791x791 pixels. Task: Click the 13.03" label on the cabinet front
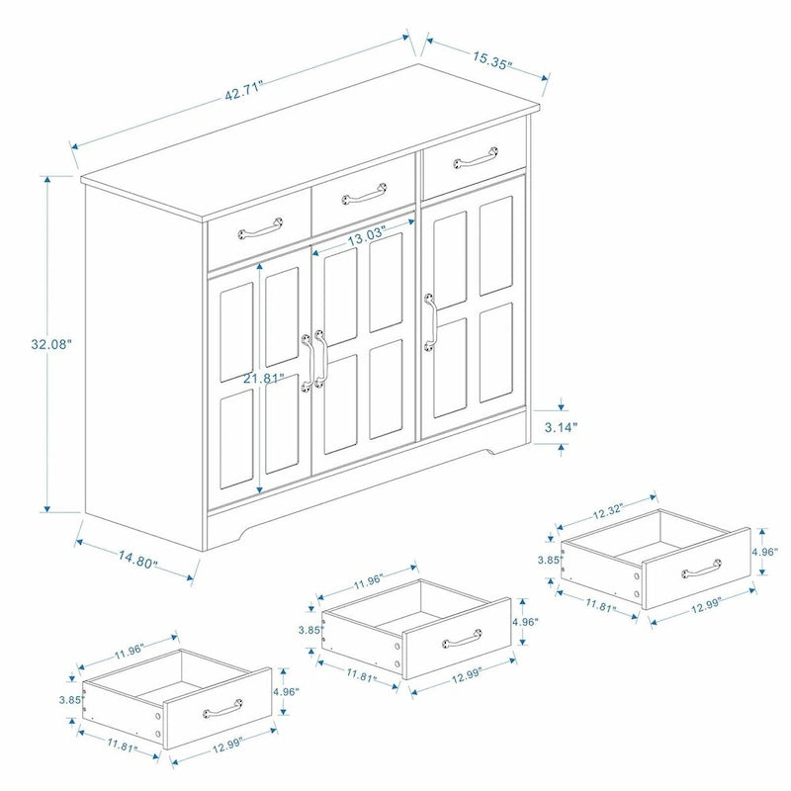point(366,237)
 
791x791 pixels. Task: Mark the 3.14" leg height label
point(562,427)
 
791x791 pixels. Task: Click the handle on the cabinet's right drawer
point(477,156)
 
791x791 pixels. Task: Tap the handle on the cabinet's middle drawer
point(364,190)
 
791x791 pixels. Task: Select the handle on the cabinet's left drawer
point(259,230)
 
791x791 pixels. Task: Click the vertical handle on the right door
point(430,321)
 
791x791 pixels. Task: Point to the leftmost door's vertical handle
point(307,362)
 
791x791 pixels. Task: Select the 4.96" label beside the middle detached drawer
point(526,623)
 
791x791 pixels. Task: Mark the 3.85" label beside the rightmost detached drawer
point(549,560)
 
